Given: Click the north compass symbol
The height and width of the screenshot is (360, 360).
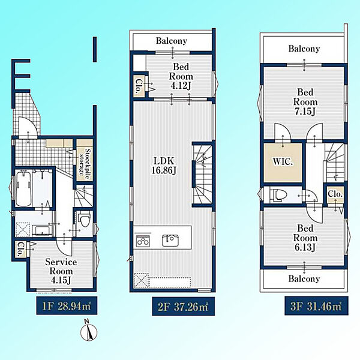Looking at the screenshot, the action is [89, 330].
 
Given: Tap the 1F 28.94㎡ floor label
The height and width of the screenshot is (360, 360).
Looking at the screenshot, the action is [67, 306].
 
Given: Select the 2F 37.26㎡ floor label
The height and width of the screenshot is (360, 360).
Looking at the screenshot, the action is [183, 306].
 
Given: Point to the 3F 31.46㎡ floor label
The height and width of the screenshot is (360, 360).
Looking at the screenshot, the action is [316, 306].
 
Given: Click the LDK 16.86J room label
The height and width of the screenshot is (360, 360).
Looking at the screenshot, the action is [164, 166].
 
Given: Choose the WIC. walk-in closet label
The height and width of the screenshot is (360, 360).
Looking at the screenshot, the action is [283, 161].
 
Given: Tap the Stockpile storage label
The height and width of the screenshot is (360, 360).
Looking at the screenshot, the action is [85, 162].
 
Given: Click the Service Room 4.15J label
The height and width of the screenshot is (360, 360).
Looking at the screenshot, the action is [61, 271].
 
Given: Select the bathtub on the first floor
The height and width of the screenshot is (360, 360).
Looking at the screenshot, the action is [23, 188].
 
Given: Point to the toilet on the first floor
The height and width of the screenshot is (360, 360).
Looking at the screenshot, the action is [84, 219].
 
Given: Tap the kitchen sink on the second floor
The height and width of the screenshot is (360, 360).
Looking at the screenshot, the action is [170, 240].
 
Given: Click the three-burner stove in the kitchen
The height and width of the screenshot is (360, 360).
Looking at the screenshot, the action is [143, 241].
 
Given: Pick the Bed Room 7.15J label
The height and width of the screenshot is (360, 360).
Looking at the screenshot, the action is [305, 102].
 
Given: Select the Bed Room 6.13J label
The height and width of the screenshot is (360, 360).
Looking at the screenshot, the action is [305, 238].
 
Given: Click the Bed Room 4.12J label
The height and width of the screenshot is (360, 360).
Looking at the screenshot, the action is [181, 76].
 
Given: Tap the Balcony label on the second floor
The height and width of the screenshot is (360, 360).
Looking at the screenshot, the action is [172, 41].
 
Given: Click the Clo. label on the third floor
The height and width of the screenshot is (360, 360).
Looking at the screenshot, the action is [335, 194].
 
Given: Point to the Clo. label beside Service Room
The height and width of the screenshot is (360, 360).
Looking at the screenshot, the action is [21, 249].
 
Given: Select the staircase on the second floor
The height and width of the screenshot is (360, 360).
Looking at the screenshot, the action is [202, 175].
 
